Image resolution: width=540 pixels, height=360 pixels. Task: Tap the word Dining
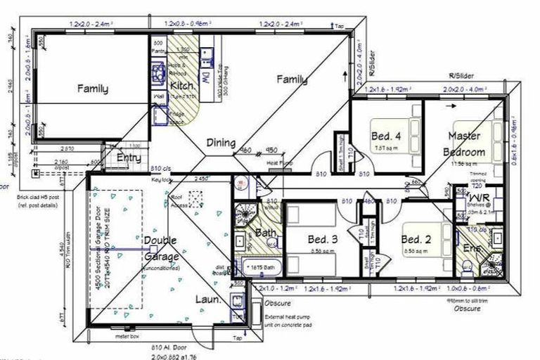pos(220,143)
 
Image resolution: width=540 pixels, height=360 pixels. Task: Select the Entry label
pos(129,158)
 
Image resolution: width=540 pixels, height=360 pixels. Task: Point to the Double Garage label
pos(160,247)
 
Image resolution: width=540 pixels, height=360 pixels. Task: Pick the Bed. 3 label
pos(323,240)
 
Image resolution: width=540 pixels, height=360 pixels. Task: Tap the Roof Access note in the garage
pos(182,202)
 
